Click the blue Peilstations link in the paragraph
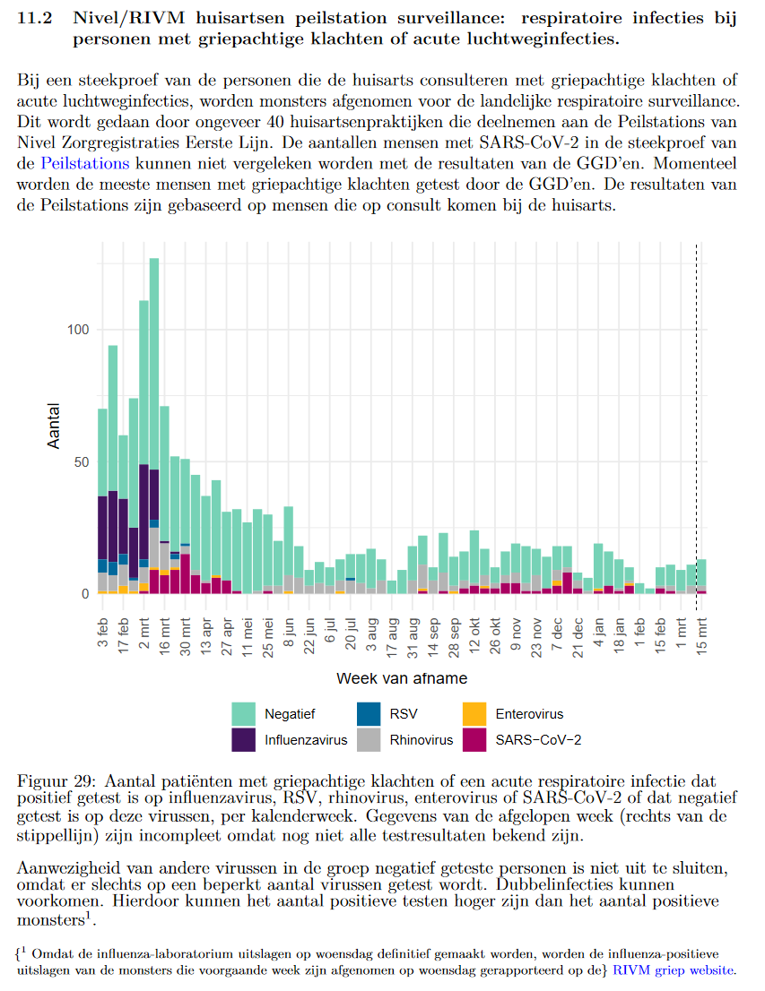click(x=85, y=163)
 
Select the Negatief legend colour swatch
click(x=244, y=714)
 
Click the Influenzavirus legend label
click(x=306, y=740)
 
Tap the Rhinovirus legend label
click(x=422, y=740)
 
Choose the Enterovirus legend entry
click(x=529, y=714)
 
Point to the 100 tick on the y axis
click(x=79, y=330)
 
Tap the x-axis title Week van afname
click(x=401, y=678)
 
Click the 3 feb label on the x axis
click(x=103, y=631)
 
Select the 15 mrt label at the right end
click(x=703, y=633)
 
